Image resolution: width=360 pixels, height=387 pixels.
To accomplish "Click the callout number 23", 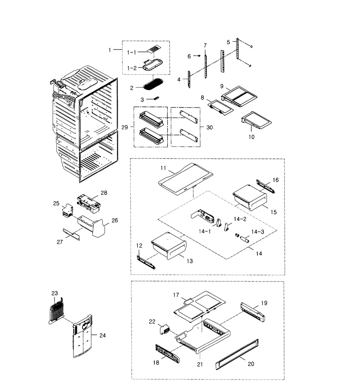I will pos(55,293).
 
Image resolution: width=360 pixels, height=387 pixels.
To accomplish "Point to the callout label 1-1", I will pos(132,53).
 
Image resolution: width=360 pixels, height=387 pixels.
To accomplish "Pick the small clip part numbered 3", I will pos(156,98).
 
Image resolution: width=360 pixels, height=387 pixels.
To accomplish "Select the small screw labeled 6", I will pos(198,55).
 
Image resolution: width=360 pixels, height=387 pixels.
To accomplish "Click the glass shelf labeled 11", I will pos(185,178).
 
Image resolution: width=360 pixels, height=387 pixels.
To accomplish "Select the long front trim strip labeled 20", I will pos(238,354).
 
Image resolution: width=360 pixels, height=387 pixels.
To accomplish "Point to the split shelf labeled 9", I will pos(239,94).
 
